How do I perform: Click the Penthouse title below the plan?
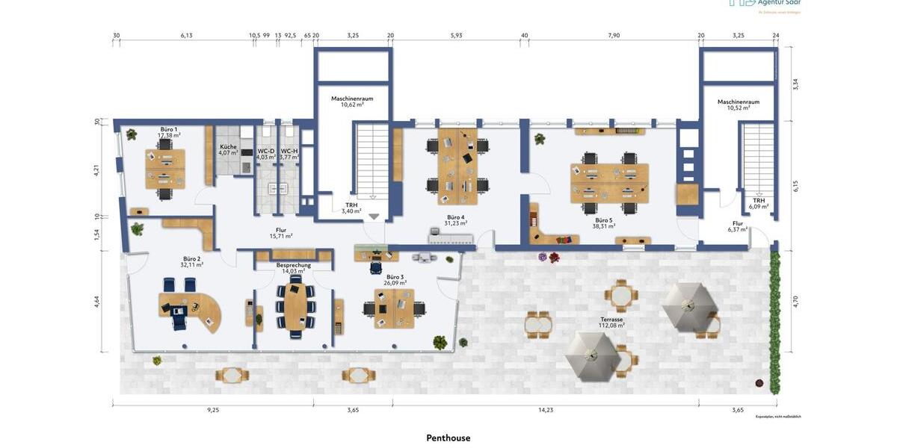pyautogui.click(x=449, y=438)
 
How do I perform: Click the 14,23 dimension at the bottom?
pyautogui.click(x=546, y=410)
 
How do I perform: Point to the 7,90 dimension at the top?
pyautogui.click(x=614, y=35)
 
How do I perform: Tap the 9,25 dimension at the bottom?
pyautogui.click(x=213, y=410)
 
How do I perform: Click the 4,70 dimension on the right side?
pyautogui.click(x=795, y=302)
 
